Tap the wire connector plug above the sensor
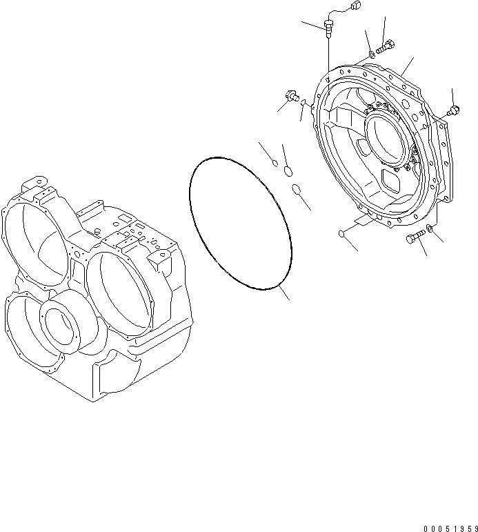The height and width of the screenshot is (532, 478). pyautogui.click(x=336, y=8)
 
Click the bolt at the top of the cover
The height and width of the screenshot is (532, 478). pyautogui.click(x=385, y=47)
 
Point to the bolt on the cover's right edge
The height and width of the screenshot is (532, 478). pyautogui.click(x=452, y=110)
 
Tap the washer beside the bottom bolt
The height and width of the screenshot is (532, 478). pyautogui.click(x=430, y=228)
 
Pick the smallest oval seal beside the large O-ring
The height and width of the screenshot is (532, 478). pyautogui.click(x=275, y=164)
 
